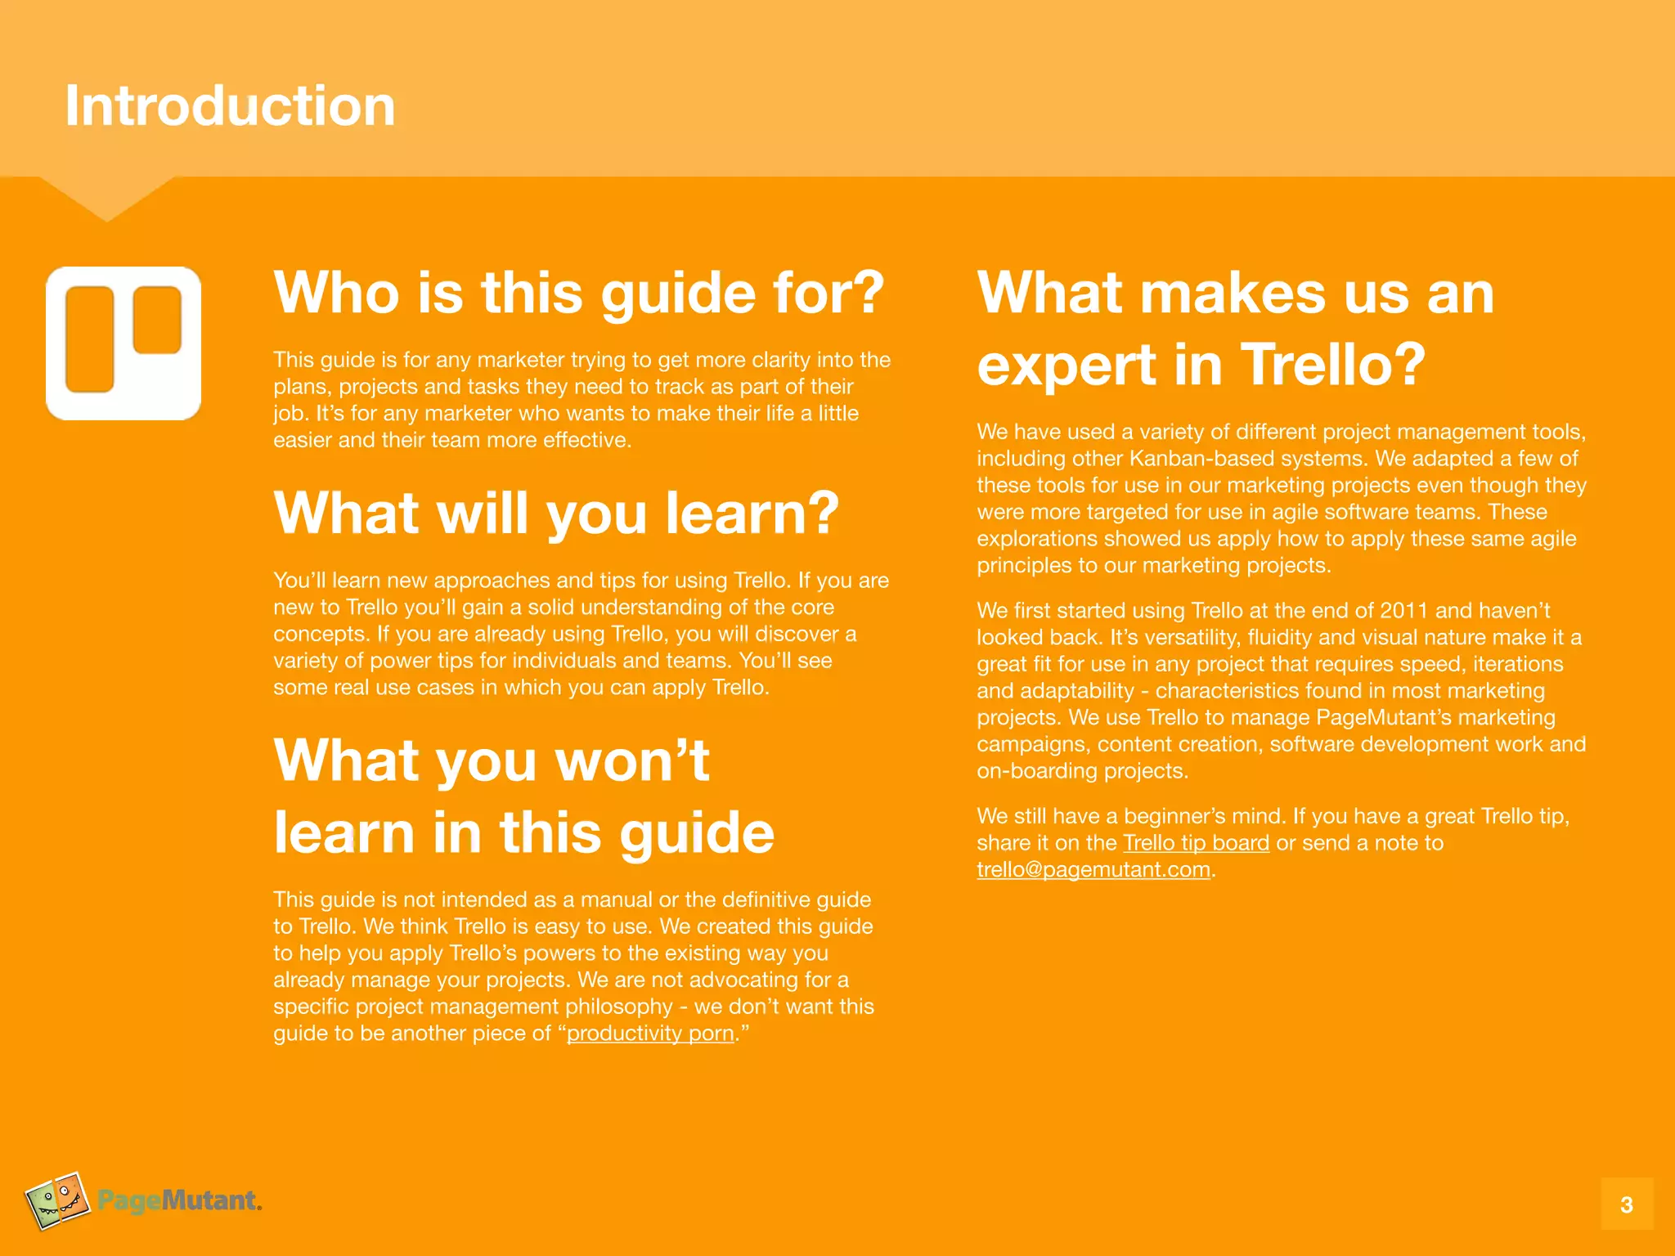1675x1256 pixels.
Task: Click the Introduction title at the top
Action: [230, 106]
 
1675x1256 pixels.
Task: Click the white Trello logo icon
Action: [123, 343]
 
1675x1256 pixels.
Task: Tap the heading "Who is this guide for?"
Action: [579, 293]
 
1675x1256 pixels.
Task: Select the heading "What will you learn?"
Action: [556, 513]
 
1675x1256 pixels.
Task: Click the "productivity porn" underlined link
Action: [650, 1034]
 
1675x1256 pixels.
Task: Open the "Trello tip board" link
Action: [1196, 843]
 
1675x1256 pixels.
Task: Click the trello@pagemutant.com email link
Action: [1093, 869]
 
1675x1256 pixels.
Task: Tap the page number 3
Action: [1626, 1204]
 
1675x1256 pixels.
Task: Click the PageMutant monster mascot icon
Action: [57, 1200]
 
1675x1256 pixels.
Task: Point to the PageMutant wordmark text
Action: [179, 1200]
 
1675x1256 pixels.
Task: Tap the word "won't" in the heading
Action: [631, 760]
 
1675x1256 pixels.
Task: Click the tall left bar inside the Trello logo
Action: [89, 339]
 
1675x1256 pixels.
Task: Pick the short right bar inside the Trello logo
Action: [157, 320]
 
